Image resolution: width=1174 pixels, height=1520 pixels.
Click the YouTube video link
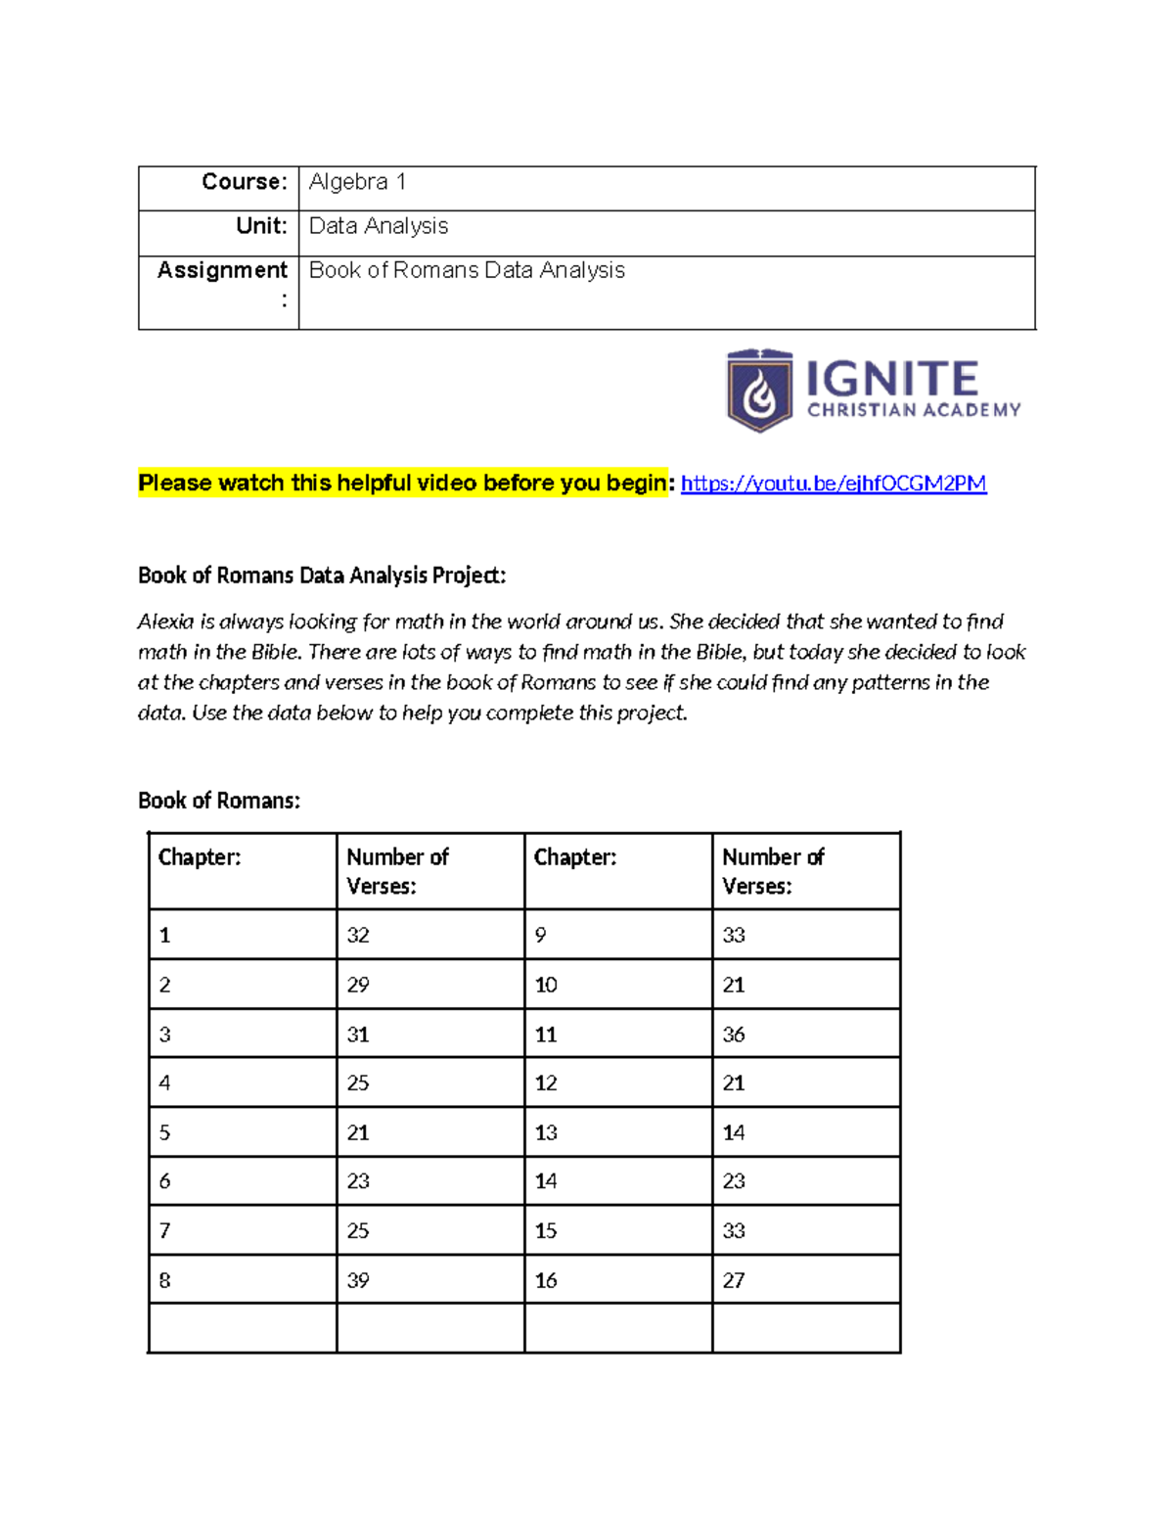[x=833, y=484]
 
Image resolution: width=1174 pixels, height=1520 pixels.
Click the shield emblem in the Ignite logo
[x=759, y=391]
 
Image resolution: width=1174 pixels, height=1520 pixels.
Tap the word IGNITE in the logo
[x=891, y=379]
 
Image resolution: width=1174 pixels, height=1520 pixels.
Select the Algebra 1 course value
[x=357, y=182]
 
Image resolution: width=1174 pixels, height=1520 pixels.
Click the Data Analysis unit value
[x=379, y=226]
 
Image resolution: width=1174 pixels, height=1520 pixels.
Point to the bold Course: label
[x=245, y=182]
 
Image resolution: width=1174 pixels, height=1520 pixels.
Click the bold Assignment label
[x=222, y=270]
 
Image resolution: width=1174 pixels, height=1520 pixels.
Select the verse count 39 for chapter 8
[x=358, y=1280]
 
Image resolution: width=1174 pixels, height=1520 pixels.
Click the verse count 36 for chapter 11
[x=734, y=1035]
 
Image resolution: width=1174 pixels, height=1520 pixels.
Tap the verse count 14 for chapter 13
[x=734, y=1132]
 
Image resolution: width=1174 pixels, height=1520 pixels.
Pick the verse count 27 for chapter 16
[x=734, y=1280]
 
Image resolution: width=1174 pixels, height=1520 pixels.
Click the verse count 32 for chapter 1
[x=358, y=936]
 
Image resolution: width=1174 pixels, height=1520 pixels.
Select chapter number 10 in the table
[x=546, y=985]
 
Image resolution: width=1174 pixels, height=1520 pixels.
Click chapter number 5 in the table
[x=164, y=1132]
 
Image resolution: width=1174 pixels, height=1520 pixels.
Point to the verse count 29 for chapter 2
[x=358, y=985]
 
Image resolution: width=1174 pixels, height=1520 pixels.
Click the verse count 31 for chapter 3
[x=358, y=1035]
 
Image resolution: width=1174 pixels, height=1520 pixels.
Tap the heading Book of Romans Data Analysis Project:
[x=322, y=576]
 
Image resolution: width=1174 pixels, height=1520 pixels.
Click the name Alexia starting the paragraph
[x=165, y=622]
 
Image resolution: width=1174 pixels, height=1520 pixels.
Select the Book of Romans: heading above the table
[x=219, y=801]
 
